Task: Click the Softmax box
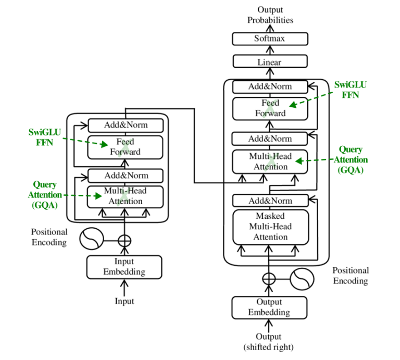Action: tap(270, 39)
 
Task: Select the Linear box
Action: tap(270, 62)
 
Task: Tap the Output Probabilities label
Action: tap(270, 15)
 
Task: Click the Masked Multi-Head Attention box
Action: tap(270, 227)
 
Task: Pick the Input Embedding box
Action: tap(124, 267)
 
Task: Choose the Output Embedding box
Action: tap(269, 307)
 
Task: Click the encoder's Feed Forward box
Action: tap(126, 147)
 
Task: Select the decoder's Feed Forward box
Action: tap(270, 108)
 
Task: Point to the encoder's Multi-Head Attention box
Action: tap(126, 196)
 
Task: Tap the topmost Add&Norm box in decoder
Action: tap(270, 86)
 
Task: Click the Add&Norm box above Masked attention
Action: tap(270, 201)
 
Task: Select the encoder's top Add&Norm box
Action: tap(126, 125)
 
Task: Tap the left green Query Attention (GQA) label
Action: tap(45, 195)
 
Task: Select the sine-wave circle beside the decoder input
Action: tap(302, 279)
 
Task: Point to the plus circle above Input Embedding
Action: tap(124, 240)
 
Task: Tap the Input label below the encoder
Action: tap(124, 301)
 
